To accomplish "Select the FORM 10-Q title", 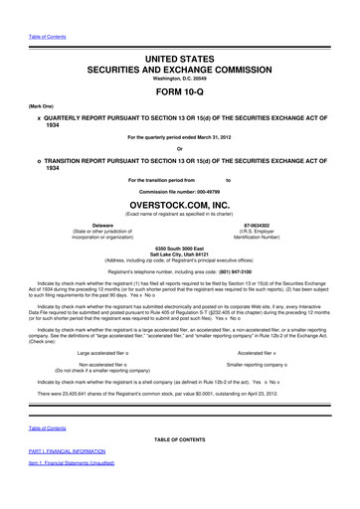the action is click(x=180, y=97).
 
